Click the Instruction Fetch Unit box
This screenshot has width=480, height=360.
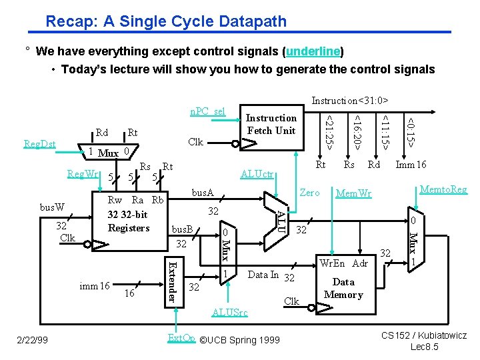pos(271,125)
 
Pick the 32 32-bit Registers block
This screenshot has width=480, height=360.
pos(129,221)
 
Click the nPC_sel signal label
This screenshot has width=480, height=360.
pos(208,111)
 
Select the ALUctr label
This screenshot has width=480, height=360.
pos(257,175)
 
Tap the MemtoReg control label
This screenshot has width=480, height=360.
pos(443,189)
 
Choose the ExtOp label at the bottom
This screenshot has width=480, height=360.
pos(181,339)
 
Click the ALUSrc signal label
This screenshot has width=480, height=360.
pos(229,312)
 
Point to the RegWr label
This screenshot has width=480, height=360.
pos(83,175)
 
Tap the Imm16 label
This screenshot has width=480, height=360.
pos(411,165)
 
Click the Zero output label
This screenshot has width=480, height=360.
pos(309,192)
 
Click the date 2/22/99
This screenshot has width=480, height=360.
pos(34,340)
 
